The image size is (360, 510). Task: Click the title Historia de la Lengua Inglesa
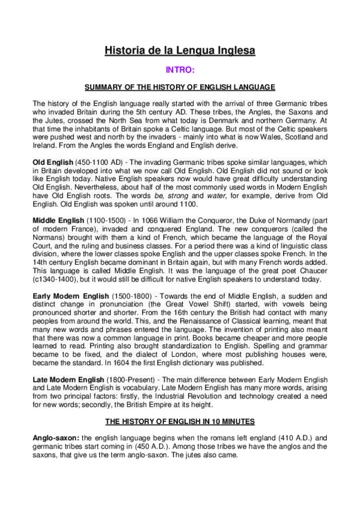click(x=180, y=51)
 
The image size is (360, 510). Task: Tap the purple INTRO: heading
click(x=180, y=70)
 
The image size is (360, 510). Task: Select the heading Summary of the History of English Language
click(x=180, y=87)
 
